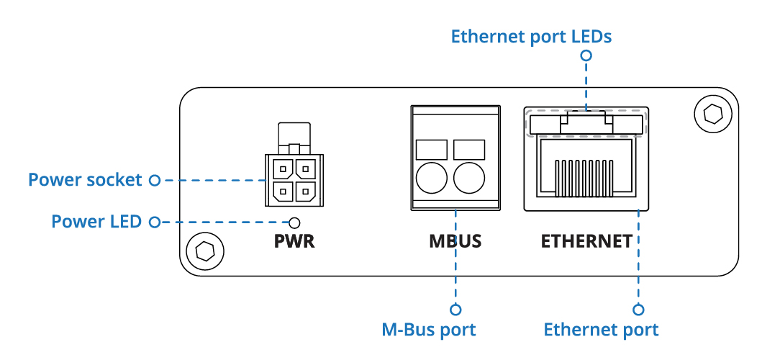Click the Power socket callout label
(85, 179)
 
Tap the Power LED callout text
(96, 221)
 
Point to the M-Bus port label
(429, 330)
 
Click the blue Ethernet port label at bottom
(601, 330)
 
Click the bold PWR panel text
(294, 241)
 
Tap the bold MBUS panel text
(455, 241)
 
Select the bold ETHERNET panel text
(586, 241)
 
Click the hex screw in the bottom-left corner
(204, 251)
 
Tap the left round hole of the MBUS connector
(432, 178)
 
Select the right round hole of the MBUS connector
(468, 178)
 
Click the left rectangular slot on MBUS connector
(432, 149)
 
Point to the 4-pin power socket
(295, 179)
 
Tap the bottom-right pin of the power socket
(307, 192)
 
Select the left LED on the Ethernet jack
(544, 125)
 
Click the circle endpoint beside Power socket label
(153, 179)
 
